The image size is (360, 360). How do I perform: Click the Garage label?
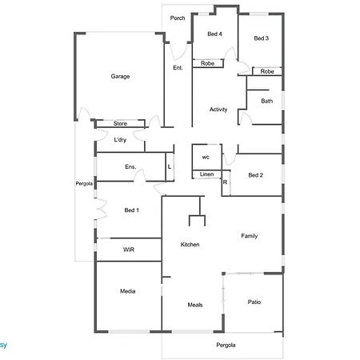(120, 77)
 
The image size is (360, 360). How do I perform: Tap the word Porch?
(178, 18)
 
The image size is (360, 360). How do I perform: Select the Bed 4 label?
(214, 34)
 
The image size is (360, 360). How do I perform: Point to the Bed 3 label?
(262, 38)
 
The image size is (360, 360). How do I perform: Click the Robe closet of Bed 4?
(208, 63)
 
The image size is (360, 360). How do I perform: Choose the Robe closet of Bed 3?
(267, 71)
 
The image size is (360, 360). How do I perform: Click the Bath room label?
(267, 101)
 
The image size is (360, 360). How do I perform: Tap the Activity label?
(218, 110)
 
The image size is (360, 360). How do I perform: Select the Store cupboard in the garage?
(120, 123)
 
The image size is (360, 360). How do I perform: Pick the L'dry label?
(120, 140)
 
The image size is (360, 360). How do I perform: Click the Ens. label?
(130, 167)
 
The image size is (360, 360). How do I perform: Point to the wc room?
(206, 158)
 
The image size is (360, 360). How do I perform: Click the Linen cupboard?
(207, 174)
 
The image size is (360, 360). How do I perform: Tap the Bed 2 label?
(256, 175)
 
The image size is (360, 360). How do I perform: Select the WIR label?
(129, 250)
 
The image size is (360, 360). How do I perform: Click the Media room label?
(128, 291)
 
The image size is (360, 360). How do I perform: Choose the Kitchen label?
(190, 245)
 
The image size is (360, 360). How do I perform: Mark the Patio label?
(254, 302)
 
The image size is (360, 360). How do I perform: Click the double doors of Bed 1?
(101, 209)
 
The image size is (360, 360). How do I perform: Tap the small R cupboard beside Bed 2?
(226, 183)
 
